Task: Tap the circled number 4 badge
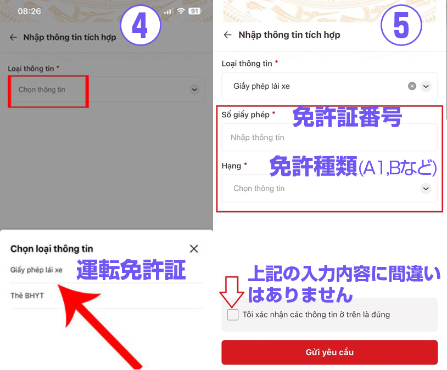(x=140, y=25)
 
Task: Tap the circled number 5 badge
(x=401, y=25)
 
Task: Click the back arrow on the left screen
(x=13, y=37)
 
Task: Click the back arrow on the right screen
(x=227, y=35)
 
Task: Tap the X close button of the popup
(x=194, y=248)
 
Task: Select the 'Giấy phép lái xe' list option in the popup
(x=36, y=270)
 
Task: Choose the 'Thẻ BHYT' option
(x=27, y=295)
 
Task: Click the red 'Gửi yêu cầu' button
(x=329, y=352)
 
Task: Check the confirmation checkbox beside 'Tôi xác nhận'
(x=233, y=315)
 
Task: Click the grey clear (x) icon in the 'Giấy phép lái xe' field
(x=412, y=86)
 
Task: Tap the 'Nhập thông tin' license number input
(x=329, y=138)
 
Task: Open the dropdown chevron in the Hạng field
(x=426, y=189)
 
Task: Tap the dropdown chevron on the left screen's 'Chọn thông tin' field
(x=194, y=90)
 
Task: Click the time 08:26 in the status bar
(x=29, y=12)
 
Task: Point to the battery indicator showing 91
(x=194, y=11)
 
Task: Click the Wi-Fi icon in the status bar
(x=181, y=11)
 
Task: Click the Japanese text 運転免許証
(x=131, y=269)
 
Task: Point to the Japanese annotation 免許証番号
(x=347, y=117)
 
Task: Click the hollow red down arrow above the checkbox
(x=232, y=292)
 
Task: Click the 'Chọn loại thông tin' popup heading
(x=52, y=249)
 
